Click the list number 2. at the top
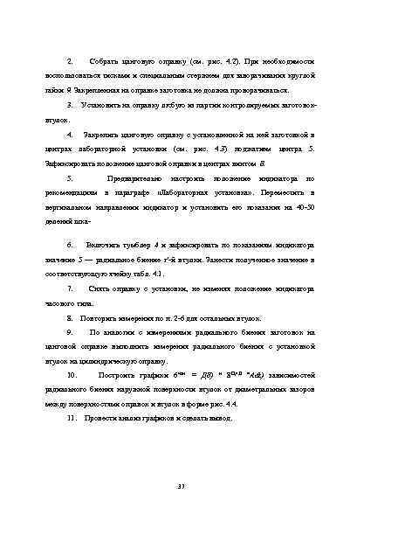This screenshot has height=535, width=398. point(70,65)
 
